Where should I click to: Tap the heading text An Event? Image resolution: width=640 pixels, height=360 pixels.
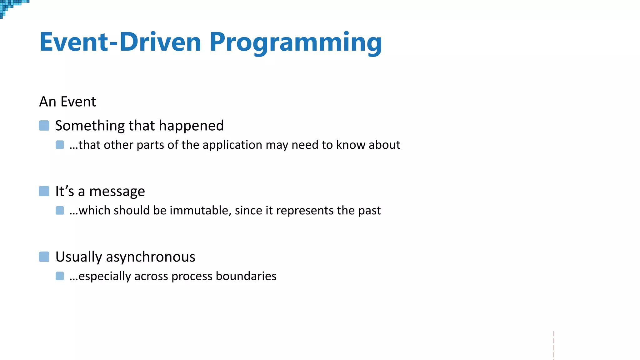coord(67,102)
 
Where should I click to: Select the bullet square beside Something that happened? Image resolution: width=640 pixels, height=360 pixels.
coord(44,126)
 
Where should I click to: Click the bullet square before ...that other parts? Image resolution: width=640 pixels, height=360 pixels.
coord(60,145)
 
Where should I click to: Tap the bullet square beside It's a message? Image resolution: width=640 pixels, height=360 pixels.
coord(44,191)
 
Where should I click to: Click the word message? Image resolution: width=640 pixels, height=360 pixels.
coord(117,191)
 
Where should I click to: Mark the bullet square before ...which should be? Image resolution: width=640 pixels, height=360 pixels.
coord(60,210)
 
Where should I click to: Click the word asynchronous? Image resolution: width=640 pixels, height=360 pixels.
coord(150,257)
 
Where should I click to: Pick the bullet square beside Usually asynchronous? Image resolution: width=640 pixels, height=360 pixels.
coord(44,257)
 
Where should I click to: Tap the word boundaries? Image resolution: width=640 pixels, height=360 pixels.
coord(246,276)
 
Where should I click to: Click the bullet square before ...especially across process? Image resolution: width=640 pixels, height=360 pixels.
coord(60,276)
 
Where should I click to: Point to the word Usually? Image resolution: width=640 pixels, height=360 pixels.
coord(78,257)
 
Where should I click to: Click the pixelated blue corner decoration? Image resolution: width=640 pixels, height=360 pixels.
coord(9,6)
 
